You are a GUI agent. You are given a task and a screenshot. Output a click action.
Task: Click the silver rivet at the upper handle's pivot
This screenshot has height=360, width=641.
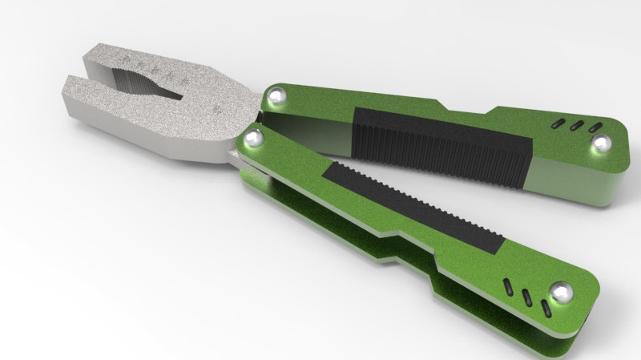pyautogui.click(x=277, y=97)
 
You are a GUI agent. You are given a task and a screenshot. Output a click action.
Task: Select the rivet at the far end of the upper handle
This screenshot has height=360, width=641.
pyautogui.click(x=601, y=144)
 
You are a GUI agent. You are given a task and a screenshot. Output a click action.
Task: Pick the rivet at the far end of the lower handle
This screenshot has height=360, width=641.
pyautogui.click(x=562, y=293)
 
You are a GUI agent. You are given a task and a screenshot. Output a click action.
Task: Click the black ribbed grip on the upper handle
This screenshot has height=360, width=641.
pyautogui.click(x=441, y=144)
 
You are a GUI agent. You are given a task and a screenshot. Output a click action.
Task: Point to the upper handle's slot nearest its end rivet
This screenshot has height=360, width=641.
pyautogui.click(x=595, y=127)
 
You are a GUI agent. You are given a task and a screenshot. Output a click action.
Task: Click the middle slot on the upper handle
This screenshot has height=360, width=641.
pyautogui.click(x=576, y=125)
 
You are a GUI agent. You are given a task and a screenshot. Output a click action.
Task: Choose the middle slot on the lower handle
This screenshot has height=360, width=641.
pyautogui.click(x=527, y=297)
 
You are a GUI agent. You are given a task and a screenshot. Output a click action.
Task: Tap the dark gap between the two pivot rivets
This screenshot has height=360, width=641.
pyautogui.click(x=265, y=119)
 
